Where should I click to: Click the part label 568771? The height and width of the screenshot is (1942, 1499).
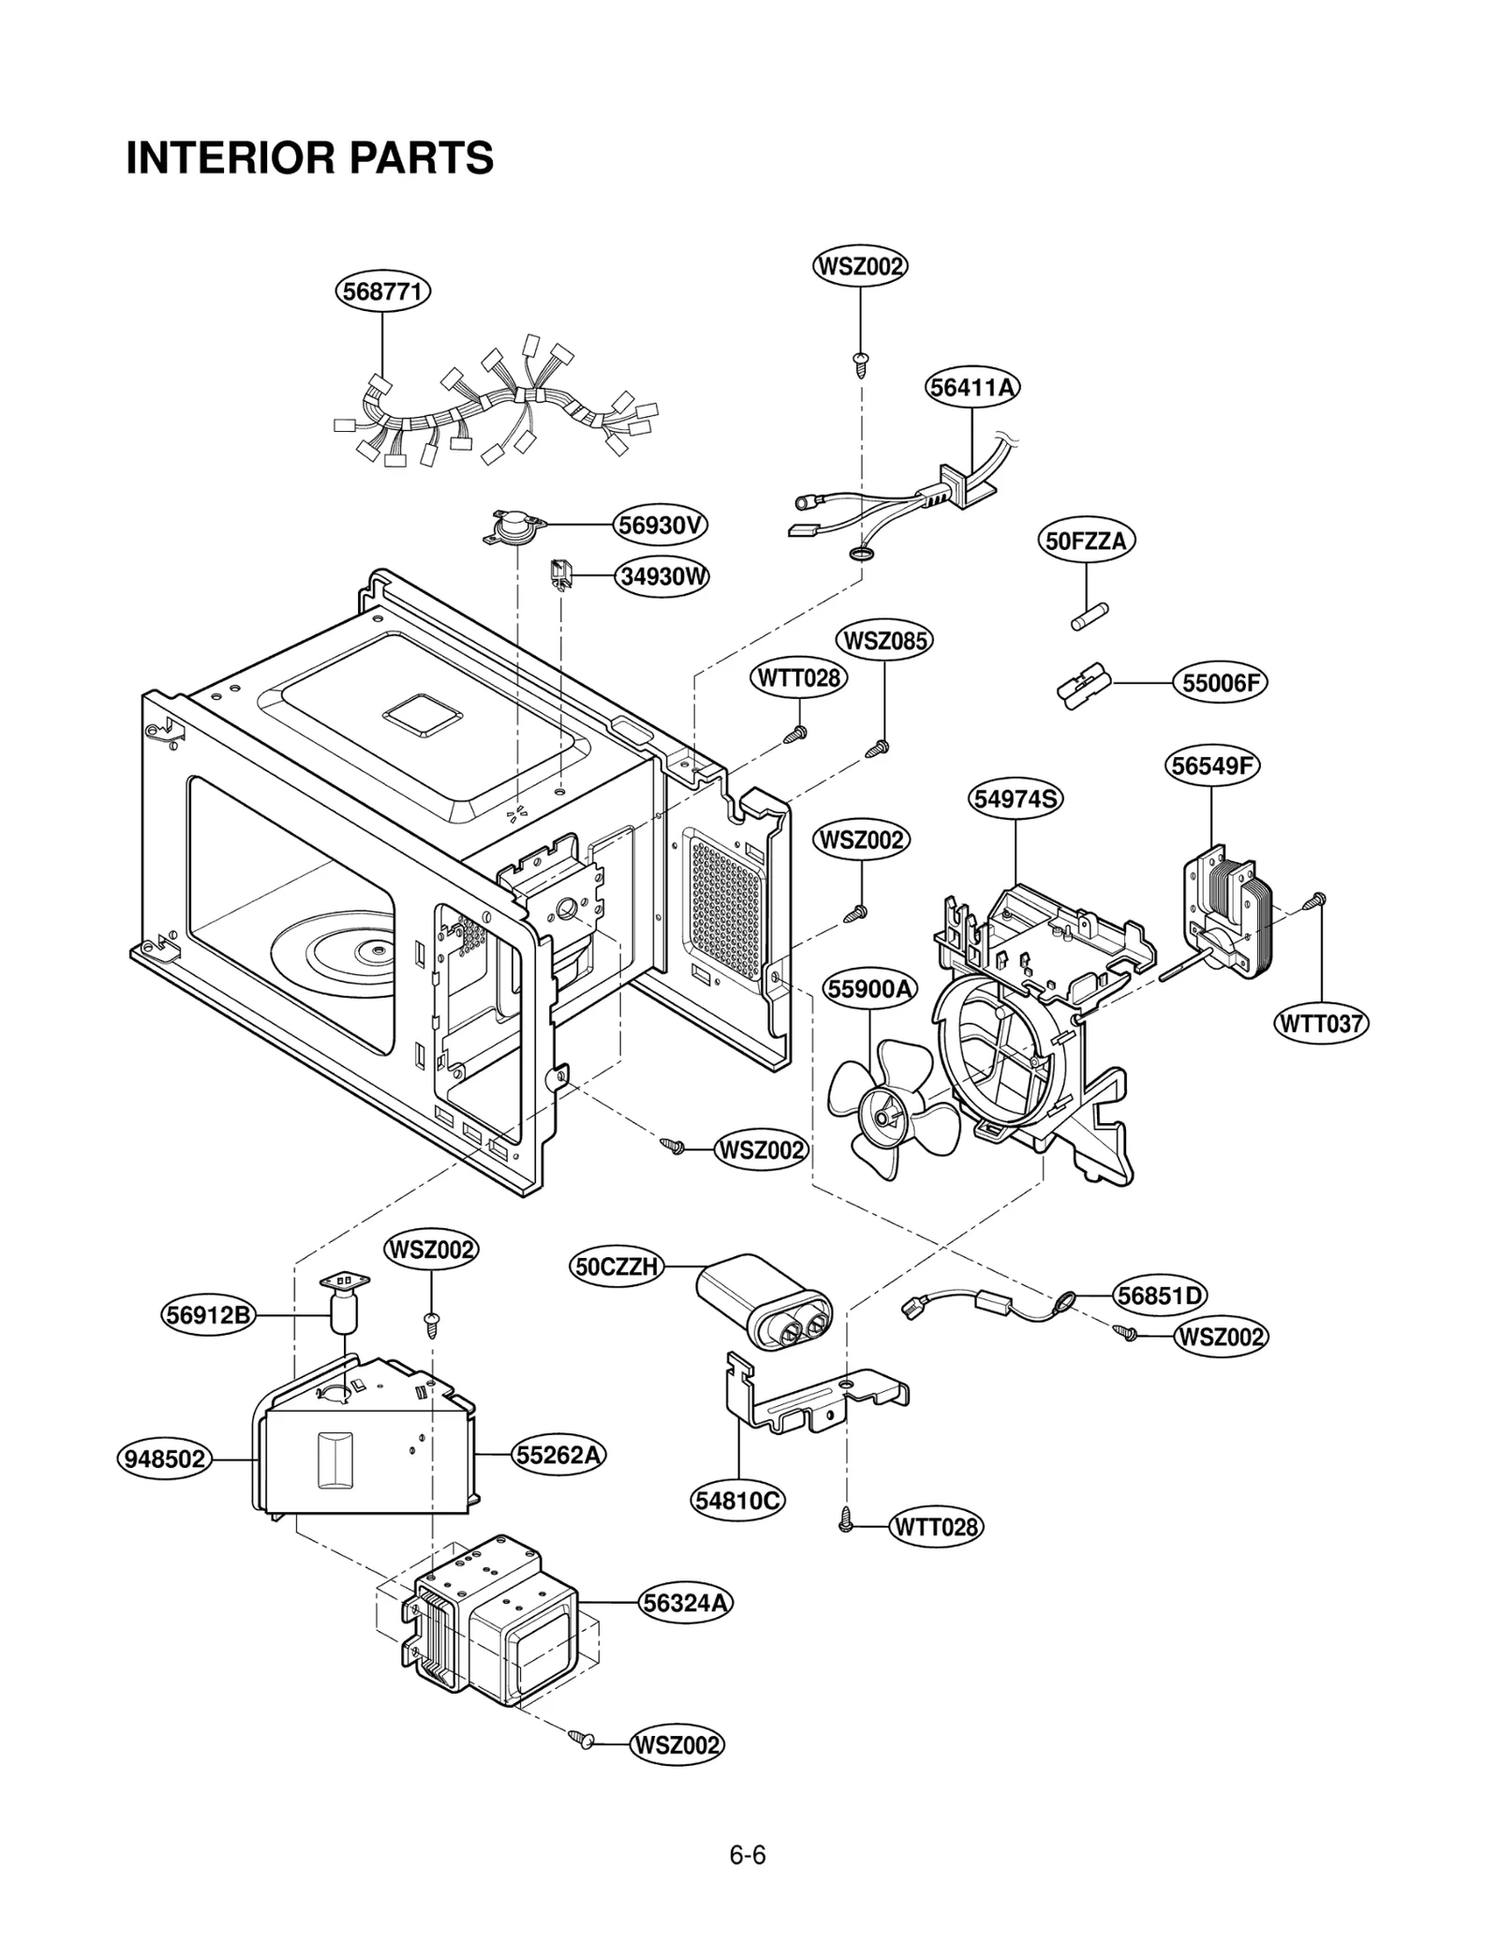coord(382,291)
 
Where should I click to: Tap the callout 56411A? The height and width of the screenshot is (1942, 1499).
coord(972,387)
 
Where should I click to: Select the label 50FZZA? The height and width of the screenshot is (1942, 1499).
coord(1087,541)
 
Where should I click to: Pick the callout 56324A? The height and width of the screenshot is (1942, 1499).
coord(686,1603)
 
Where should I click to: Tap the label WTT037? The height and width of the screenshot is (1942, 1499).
coord(1321,1023)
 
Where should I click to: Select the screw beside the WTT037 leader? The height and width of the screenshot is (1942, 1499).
coord(1313,901)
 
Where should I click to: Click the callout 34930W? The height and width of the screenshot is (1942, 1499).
coord(661,576)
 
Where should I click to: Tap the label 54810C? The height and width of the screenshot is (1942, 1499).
coord(738,1501)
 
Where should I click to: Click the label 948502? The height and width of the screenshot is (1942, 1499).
coord(166,1460)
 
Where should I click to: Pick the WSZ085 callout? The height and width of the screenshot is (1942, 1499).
coord(884,641)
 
